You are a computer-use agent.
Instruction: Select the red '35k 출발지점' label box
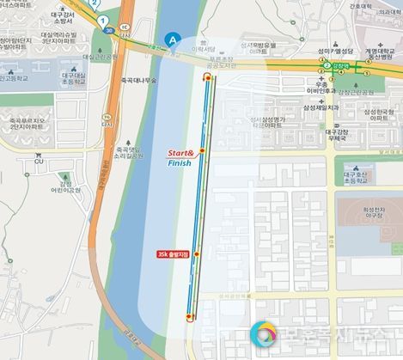point(174,254)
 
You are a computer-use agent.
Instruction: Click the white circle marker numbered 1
point(104,20)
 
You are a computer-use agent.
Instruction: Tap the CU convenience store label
point(39,160)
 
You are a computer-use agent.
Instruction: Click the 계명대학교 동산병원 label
point(380,54)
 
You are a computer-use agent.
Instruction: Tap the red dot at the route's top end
point(206,76)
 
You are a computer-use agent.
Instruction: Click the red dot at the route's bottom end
point(190,318)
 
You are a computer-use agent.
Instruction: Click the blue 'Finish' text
point(181,162)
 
